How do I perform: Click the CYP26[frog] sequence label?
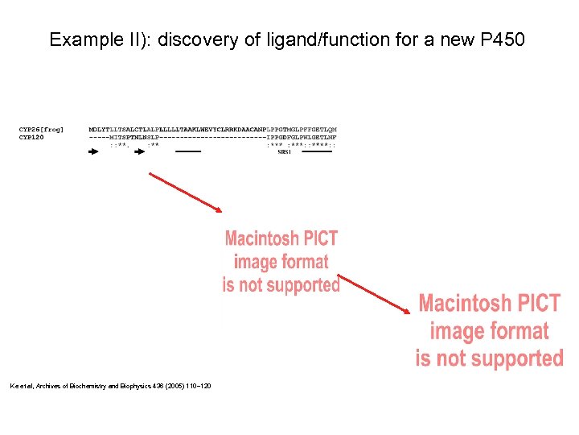(x=42, y=129)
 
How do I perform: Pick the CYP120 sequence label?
(x=31, y=136)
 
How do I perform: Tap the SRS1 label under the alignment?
(x=285, y=151)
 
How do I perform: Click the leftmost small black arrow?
(x=94, y=151)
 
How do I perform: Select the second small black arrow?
(x=139, y=151)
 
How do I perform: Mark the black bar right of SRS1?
(x=317, y=151)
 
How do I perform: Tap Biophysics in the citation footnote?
(x=140, y=387)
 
